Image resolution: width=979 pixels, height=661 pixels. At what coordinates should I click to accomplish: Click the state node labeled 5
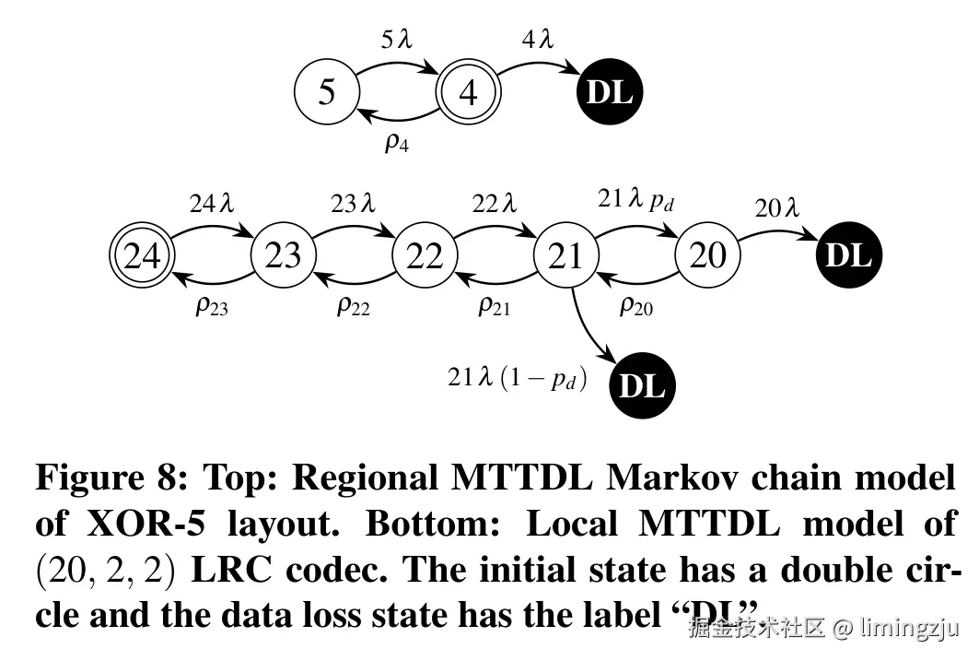tap(327, 92)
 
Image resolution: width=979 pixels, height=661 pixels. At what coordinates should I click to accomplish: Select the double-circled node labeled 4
tap(469, 92)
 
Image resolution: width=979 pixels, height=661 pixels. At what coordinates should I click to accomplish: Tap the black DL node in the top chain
tap(610, 92)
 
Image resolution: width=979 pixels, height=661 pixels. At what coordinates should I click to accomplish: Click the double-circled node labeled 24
tap(142, 255)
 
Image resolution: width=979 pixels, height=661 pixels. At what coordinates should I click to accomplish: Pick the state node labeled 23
tap(283, 255)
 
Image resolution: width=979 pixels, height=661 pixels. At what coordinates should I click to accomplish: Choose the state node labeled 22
tap(425, 255)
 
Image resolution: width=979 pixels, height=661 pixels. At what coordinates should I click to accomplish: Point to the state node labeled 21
tap(566, 255)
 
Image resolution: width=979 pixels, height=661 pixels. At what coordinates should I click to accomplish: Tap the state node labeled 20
tap(707, 255)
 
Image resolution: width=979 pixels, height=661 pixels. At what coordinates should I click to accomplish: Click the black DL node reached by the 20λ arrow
tap(848, 255)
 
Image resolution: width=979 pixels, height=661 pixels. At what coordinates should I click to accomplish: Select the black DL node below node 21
tap(642, 386)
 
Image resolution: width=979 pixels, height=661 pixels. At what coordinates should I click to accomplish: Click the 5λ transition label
tap(398, 40)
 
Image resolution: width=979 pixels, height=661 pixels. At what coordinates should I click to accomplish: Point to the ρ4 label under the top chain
tap(397, 143)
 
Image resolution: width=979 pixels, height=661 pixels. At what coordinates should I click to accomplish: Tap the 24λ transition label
tap(212, 204)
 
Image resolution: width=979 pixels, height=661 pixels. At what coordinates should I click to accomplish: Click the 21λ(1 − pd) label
tap(517, 379)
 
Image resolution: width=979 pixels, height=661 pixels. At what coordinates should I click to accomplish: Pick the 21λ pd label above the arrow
tap(636, 198)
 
